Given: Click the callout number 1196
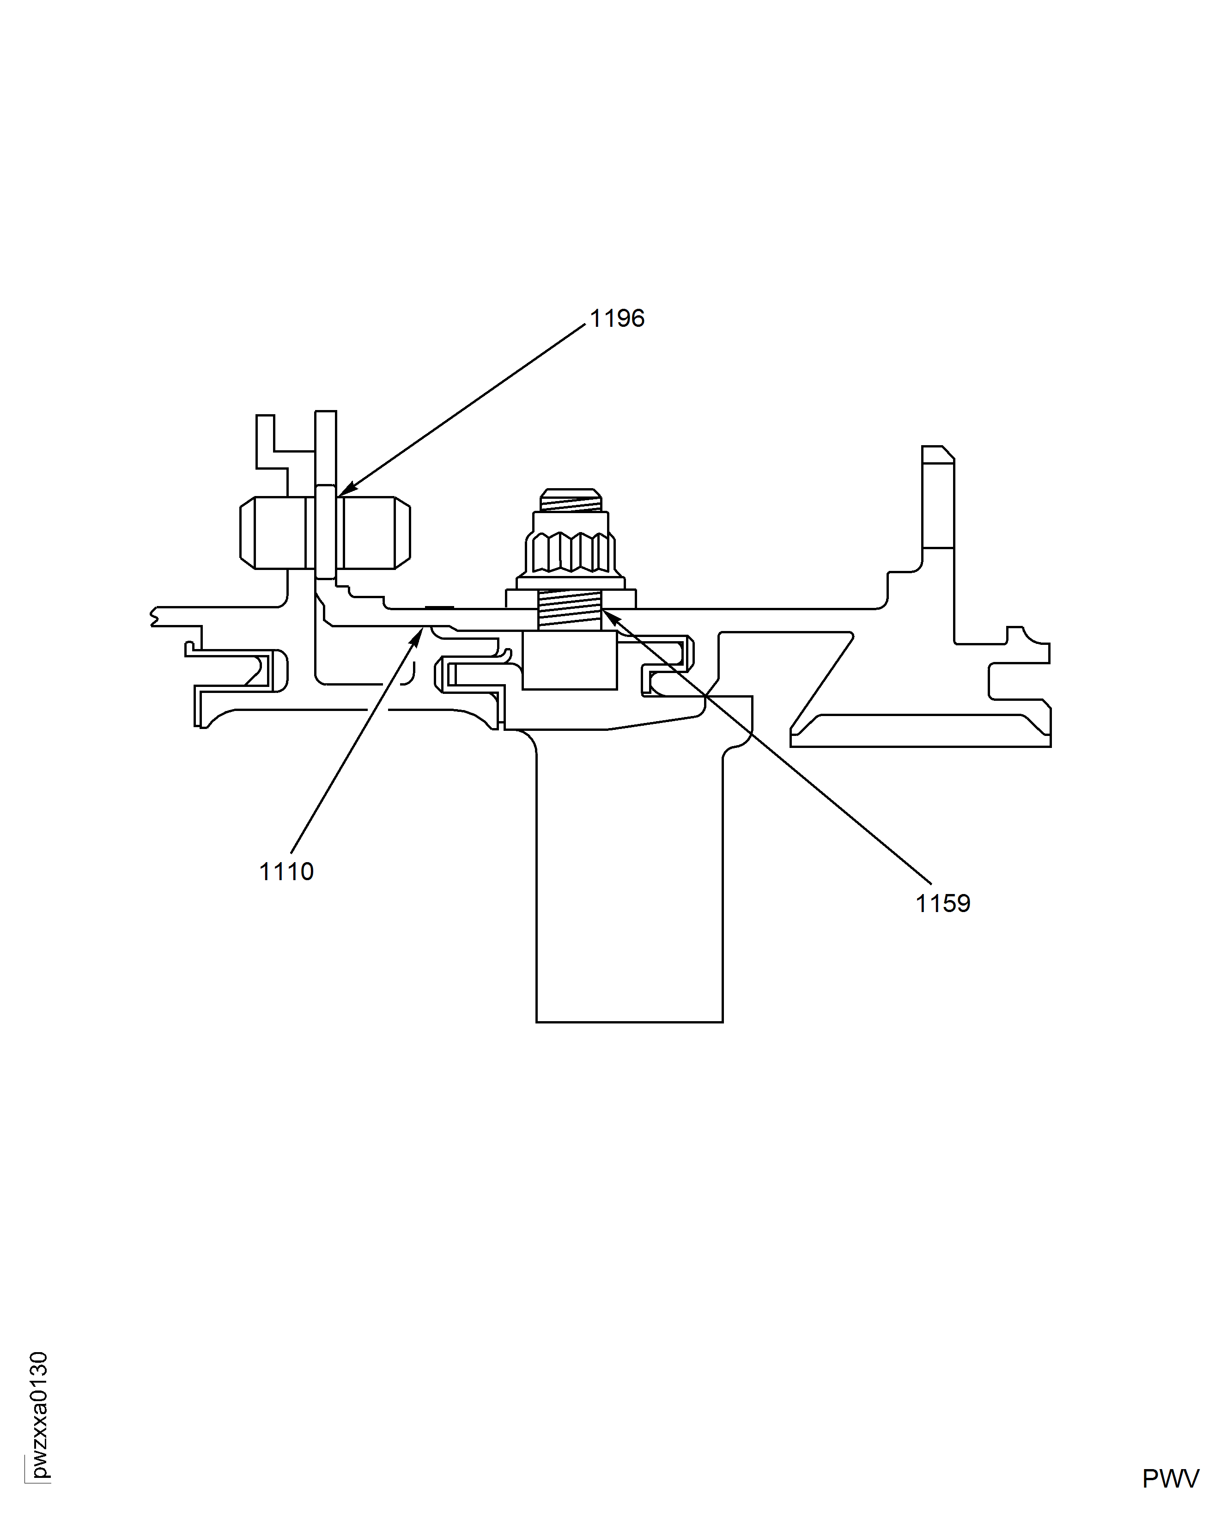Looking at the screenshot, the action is [x=617, y=319].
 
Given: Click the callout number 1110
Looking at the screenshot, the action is [x=286, y=872].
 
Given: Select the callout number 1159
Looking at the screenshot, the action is [x=942, y=904].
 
